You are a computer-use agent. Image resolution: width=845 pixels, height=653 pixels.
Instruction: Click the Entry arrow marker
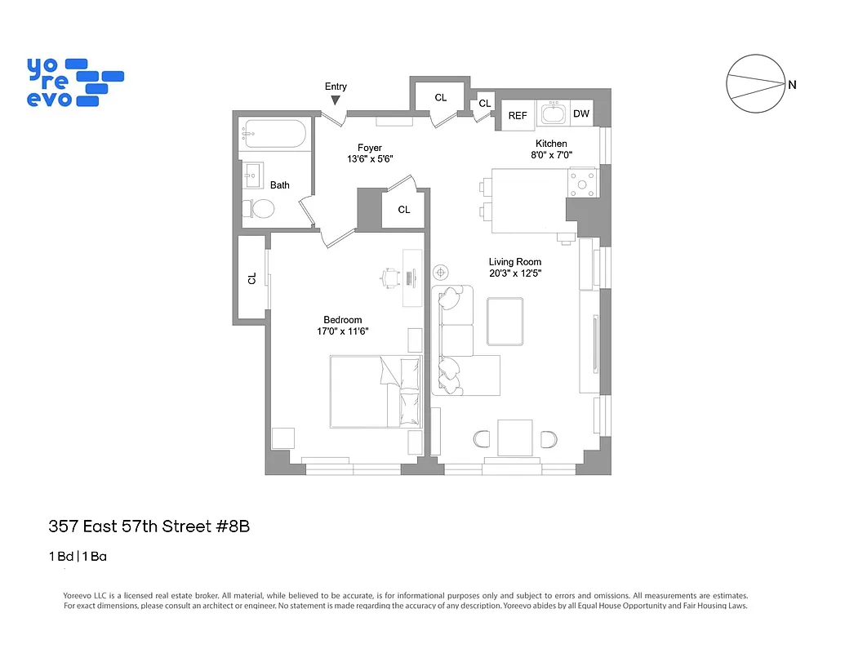coord(336,100)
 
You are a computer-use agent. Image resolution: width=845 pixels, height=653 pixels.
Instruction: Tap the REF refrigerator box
coord(518,116)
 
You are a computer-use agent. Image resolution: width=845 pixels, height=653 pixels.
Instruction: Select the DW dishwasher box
coord(581,114)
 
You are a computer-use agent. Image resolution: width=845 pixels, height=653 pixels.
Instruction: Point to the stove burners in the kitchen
coord(583,184)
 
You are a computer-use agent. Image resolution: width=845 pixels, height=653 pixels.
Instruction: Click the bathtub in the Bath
coord(274,134)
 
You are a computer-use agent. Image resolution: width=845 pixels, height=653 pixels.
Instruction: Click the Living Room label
coord(515,262)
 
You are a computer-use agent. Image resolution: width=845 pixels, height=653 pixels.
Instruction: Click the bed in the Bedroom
coord(376,391)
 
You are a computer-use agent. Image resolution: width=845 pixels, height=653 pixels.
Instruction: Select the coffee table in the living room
coord(505,322)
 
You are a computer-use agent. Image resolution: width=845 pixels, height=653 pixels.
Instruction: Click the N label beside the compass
coord(793,85)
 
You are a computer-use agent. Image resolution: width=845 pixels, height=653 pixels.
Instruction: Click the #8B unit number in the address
coord(232,526)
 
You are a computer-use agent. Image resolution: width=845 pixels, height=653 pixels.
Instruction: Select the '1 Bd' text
coord(60,557)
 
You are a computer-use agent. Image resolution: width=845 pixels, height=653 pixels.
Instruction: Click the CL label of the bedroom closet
coord(252,278)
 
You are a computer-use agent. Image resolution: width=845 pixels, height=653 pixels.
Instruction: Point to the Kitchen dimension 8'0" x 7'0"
coord(551,155)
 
